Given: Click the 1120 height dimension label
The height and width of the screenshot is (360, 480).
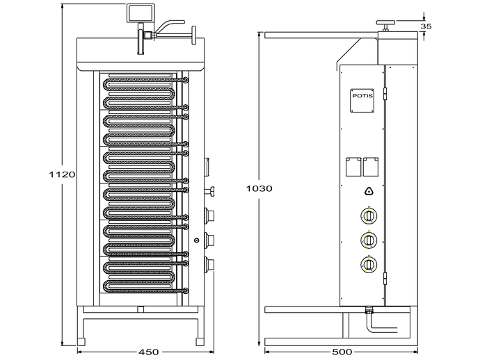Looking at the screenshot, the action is pyautogui.click(x=62, y=174).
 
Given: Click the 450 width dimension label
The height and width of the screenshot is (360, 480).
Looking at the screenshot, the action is pyautogui.click(x=148, y=352).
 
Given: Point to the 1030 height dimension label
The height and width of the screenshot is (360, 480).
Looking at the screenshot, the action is pyautogui.click(x=259, y=189).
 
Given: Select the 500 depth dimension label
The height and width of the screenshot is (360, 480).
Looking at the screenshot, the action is pyautogui.click(x=342, y=352).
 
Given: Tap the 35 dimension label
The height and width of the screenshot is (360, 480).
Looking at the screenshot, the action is pyautogui.click(x=426, y=26).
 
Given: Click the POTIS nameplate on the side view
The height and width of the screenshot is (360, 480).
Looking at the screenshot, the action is pyautogui.click(x=362, y=100).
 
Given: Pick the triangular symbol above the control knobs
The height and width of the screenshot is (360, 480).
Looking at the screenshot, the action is pyautogui.click(x=369, y=191).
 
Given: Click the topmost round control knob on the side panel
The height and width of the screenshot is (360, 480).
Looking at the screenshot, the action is pyautogui.click(x=369, y=215).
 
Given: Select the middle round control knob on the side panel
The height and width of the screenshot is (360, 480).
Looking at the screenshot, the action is pyautogui.click(x=369, y=240).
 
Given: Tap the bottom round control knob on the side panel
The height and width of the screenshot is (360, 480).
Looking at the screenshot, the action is pyautogui.click(x=369, y=264).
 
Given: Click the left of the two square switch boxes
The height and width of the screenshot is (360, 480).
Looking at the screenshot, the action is pyautogui.click(x=353, y=167).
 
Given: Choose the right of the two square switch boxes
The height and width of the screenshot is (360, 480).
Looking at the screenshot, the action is pyautogui.click(x=371, y=167).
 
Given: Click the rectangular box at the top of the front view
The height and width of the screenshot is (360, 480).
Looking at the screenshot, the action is pyautogui.click(x=140, y=13).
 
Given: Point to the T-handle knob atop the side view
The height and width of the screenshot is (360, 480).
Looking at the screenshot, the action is pyautogui.click(x=386, y=26).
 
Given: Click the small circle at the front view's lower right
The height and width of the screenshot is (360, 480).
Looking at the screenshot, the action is pyautogui.click(x=197, y=240).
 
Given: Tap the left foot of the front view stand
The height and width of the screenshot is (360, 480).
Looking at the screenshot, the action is pyautogui.click(x=81, y=341).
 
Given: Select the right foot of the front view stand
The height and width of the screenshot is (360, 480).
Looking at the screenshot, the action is pyautogui.click(x=200, y=341).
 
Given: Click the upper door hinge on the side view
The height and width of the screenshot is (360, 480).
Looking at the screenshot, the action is pyautogui.click(x=385, y=94).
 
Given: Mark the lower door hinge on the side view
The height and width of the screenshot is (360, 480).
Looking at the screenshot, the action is pyautogui.click(x=385, y=278).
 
